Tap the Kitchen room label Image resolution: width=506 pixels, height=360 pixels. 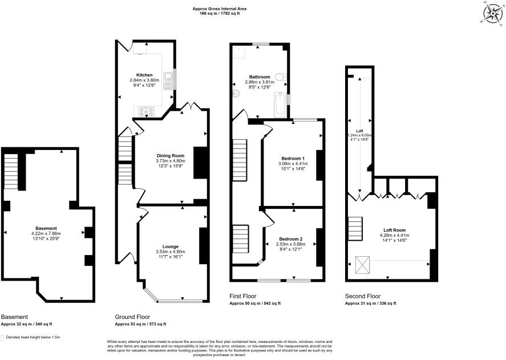click(144, 75)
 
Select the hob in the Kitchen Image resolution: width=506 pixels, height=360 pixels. click(145, 112)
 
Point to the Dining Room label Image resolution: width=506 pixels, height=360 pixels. click(171, 156)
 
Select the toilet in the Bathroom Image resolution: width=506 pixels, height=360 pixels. click(280, 78)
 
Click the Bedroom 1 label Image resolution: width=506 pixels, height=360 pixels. click(292, 158)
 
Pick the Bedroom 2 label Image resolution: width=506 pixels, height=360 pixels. click(291, 238)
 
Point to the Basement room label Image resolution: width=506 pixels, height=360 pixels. click(46, 228)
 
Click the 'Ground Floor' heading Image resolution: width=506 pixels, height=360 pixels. click(132, 317)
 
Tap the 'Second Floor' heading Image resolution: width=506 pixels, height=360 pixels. click(362, 297)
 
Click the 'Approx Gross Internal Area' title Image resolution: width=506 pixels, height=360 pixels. click(220, 9)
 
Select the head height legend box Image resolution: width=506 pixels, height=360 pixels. click(3, 337)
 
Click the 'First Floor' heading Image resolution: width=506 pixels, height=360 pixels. click(243, 297)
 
